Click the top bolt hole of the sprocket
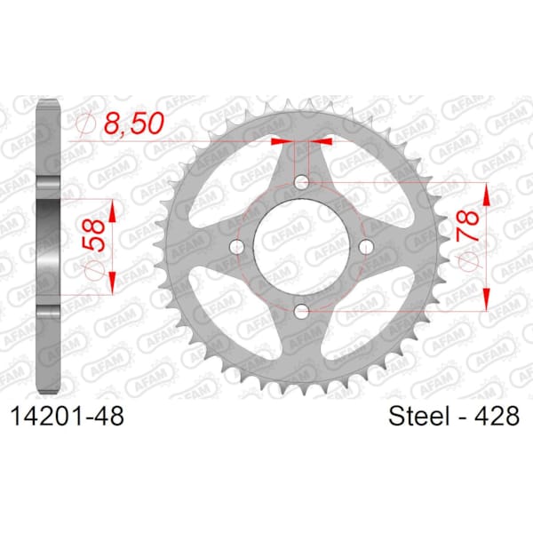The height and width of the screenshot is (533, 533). tap(301, 182)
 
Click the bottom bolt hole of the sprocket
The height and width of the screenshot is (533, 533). tap(301, 311)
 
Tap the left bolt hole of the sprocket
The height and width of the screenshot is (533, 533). tap(237, 247)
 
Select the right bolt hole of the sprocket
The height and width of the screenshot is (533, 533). tap(366, 247)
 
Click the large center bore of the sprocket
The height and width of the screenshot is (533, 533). tap(301, 247)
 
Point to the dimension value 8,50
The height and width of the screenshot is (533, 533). tap(133, 123)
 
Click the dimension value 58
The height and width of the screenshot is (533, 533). tap(94, 235)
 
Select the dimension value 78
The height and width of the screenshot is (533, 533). tap(468, 226)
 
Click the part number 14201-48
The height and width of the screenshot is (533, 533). tap(68, 416)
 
